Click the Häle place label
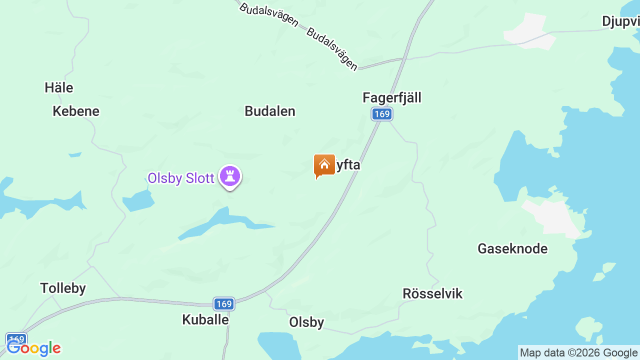tap(58, 87)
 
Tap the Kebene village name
tap(76, 111)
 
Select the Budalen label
tap(269, 111)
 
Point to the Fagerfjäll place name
tap(391, 97)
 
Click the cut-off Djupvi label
tap(620, 21)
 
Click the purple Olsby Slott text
tap(180, 178)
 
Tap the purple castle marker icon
tap(230, 176)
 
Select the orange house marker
tap(324, 165)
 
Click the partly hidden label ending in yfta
tap(348, 164)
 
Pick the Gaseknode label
tap(512, 248)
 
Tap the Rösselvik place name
tap(432, 294)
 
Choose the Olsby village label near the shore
tap(306, 322)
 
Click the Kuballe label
tap(205, 319)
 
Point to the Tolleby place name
tap(63, 288)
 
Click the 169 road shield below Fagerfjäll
tap(381, 114)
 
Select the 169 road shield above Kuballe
tap(224, 303)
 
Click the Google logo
tap(33, 348)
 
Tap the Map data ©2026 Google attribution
tap(578, 353)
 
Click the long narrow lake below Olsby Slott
tap(220, 222)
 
